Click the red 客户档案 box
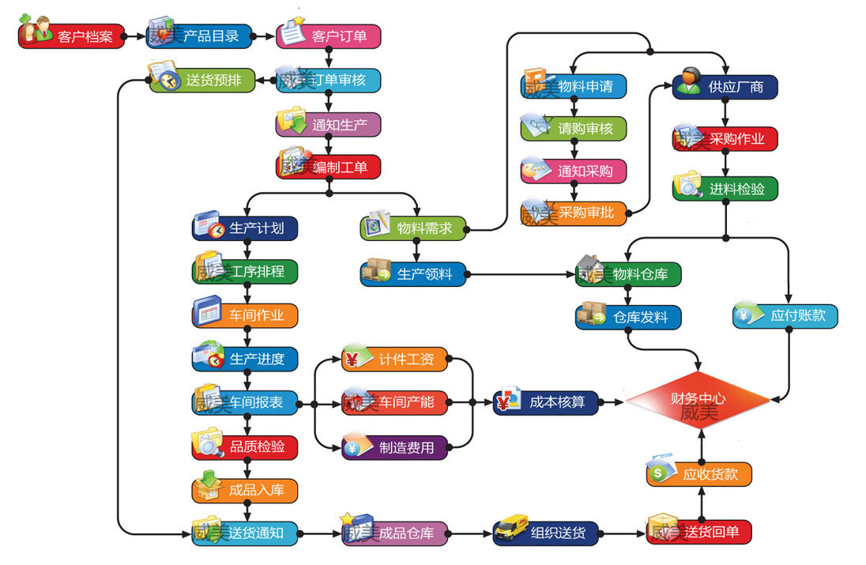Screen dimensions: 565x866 72,36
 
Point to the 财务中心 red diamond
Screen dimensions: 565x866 698,401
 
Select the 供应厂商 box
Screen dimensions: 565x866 725,86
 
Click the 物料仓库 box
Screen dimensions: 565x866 629,275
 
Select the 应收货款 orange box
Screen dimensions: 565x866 698,474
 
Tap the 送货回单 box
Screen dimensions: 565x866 699,533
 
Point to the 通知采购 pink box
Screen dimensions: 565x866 574,171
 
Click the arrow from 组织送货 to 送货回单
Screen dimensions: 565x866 623,533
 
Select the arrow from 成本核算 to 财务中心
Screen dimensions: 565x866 612,403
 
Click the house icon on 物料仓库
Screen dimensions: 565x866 589,269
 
